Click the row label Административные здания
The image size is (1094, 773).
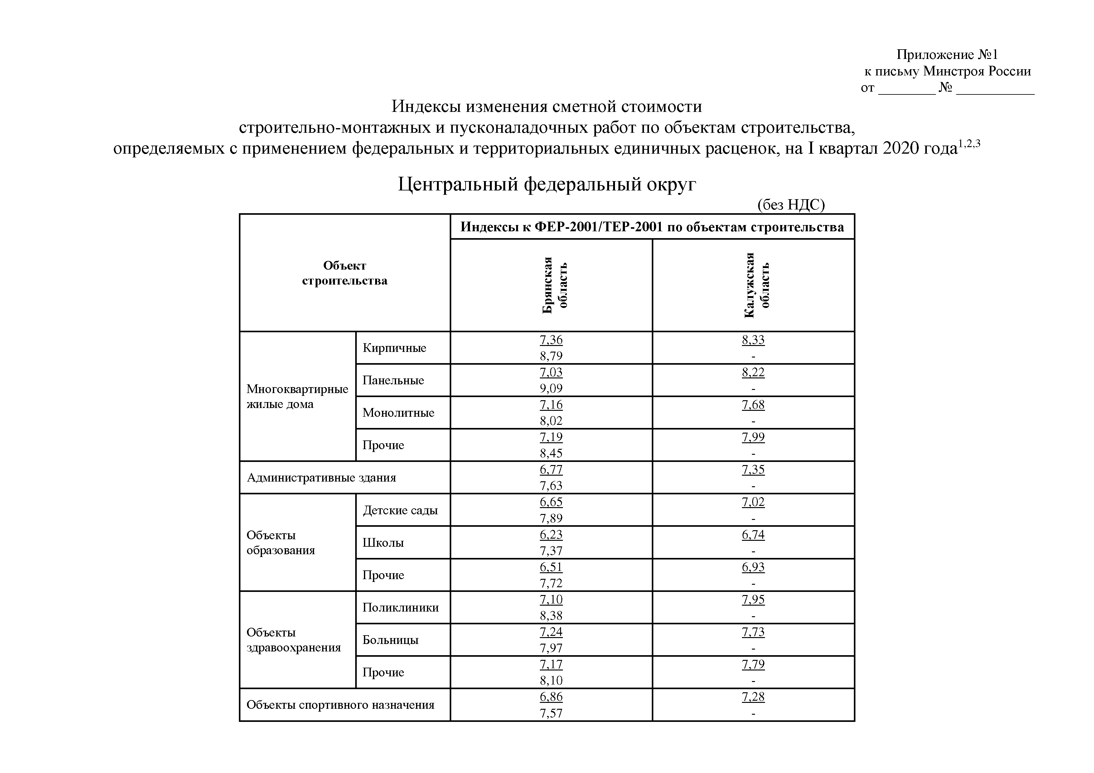(x=321, y=478)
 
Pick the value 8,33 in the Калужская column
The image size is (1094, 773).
(x=753, y=340)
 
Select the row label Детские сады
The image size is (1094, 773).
(x=400, y=510)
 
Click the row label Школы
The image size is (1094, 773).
(x=383, y=542)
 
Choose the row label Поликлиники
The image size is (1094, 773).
(x=400, y=607)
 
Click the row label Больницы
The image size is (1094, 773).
(x=390, y=640)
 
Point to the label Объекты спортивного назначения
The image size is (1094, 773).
(x=340, y=705)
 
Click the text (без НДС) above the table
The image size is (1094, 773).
(x=791, y=205)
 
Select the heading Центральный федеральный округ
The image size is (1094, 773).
(x=547, y=184)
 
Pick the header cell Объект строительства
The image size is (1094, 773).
(x=345, y=273)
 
